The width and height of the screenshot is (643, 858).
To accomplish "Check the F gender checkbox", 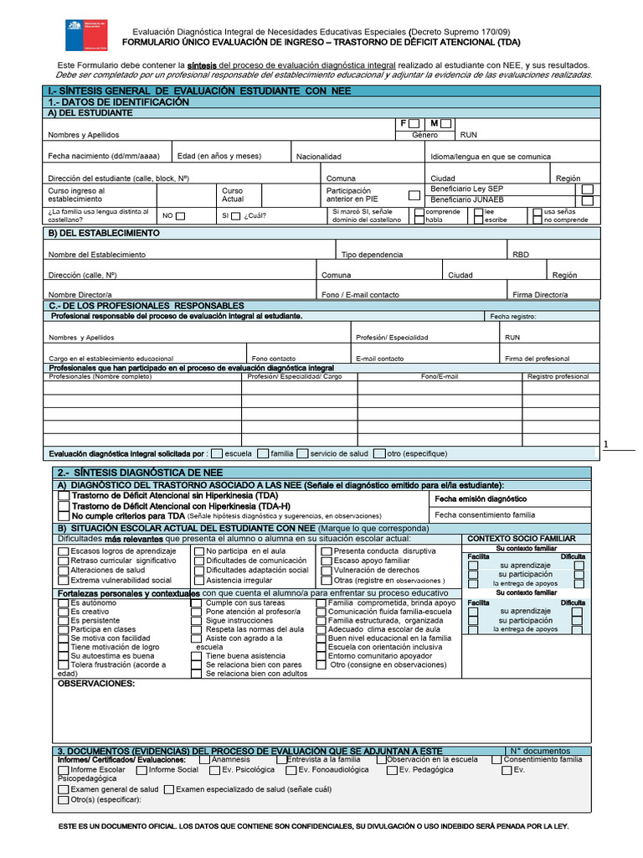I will coord(414,124).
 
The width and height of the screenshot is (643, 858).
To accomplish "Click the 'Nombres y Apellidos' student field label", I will coord(84,135).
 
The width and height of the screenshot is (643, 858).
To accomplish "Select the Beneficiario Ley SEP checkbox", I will coord(588,189).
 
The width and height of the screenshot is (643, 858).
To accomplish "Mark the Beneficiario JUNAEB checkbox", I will coord(588,201).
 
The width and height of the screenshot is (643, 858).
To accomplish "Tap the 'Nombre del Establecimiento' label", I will coord(96,254).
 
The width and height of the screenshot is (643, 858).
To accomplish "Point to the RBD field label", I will coord(520,254).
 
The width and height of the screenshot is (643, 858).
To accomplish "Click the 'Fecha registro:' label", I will coord(513,317).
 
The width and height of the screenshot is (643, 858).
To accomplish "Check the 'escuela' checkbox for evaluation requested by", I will coord(217,454).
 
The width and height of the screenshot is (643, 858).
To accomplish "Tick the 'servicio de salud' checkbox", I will coord(302,454).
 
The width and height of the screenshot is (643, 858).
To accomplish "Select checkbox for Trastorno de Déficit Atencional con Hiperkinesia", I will coord(64,506).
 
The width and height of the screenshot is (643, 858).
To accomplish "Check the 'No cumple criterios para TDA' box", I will coord(64,517).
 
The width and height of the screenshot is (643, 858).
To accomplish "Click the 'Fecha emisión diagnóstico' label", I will coord(480,499).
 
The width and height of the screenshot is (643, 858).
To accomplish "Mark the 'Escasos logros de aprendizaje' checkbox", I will coord(64,551).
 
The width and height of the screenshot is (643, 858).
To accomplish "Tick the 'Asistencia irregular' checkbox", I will coord(198,580).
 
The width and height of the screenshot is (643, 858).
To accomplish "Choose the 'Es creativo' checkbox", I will coord(64,612).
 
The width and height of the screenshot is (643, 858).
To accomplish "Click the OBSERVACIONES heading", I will coord(95,684).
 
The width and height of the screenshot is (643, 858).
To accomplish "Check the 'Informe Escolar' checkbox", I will coord(64,769).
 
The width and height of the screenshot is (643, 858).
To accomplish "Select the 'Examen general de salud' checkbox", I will coord(64,789).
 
